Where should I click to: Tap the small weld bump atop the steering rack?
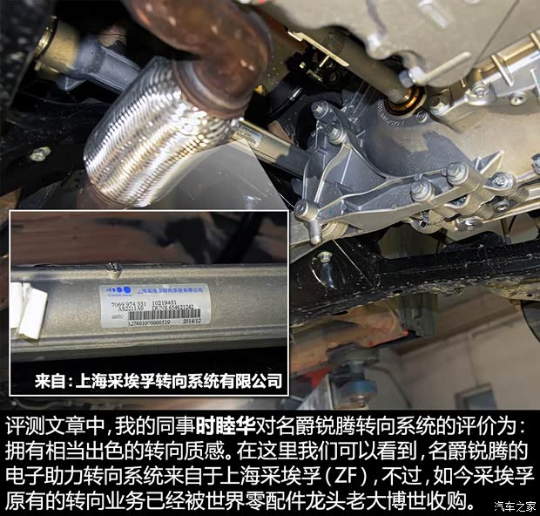pos(110,265)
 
